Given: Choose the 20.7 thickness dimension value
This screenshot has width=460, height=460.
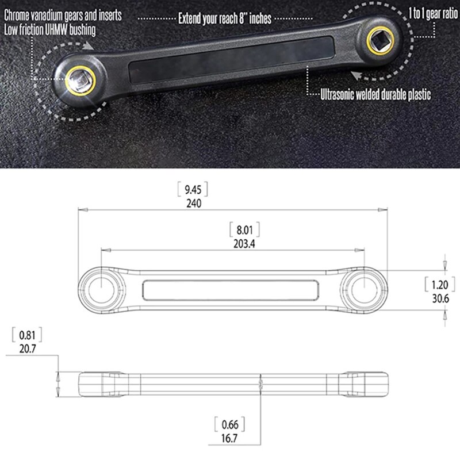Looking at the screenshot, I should (26, 347).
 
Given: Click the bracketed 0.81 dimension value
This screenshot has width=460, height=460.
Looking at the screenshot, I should (26, 334).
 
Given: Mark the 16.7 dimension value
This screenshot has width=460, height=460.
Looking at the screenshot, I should (229, 439).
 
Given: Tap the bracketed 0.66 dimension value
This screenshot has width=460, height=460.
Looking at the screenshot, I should (229, 426).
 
